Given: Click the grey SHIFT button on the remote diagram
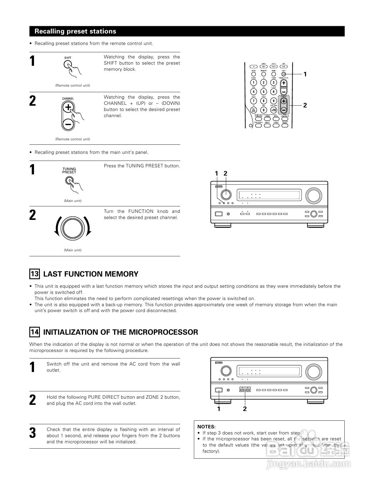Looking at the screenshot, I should [284, 74].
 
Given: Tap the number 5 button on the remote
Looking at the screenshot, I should [264, 92].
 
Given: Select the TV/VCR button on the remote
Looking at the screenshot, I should [253, 110].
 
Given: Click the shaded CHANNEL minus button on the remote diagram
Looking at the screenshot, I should [284, 110].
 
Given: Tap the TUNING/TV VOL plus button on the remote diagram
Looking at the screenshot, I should [284, 83].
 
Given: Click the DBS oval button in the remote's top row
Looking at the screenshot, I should [264, 67].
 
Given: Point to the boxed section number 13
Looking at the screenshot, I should [35, 274].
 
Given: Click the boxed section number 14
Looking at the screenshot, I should [35, 332].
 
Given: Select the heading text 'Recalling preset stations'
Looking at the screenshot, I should [75, 31].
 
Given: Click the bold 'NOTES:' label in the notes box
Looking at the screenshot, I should [207, 427].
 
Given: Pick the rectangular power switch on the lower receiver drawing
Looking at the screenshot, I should [219, 390].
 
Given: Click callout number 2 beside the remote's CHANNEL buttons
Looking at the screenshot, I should [305, 105].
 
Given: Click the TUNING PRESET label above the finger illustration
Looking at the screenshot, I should [69, 171].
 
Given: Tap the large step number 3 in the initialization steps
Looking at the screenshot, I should [33, 433].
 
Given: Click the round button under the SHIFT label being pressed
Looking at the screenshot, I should [68, 65].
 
